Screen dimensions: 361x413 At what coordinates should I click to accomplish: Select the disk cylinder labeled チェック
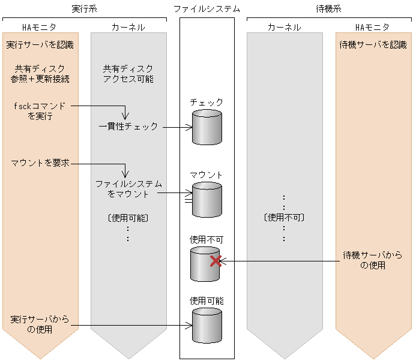click(206, 127)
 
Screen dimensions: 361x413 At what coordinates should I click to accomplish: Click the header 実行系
click(84, 8)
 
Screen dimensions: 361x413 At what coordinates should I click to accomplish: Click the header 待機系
click(328, 8)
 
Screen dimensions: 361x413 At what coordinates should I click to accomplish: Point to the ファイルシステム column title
click(206, 8)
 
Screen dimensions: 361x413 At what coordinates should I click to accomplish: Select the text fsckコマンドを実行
click(40, 111)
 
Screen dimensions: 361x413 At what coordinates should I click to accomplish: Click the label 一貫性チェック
click(128, 127)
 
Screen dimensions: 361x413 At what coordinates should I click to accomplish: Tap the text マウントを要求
click(40, 163)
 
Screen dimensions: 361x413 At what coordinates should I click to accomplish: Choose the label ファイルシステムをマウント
click(128, 189)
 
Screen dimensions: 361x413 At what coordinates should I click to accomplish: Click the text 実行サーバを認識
click(40, 44)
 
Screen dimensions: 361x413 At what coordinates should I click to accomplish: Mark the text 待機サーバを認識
click(373, 44)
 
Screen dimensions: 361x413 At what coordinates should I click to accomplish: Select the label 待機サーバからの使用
click(373, 260)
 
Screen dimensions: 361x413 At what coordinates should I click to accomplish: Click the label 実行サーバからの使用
click(40, 324)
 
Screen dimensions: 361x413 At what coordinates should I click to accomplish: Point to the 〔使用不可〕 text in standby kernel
click(284, 217)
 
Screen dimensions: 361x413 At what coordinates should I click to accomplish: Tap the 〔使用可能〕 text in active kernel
click(128, 217)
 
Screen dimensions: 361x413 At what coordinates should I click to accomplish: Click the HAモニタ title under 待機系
click(373, 27)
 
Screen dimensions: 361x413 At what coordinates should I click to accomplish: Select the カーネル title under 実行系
click(128, 27)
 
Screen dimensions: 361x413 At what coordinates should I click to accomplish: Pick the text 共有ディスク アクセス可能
click(128, 74)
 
